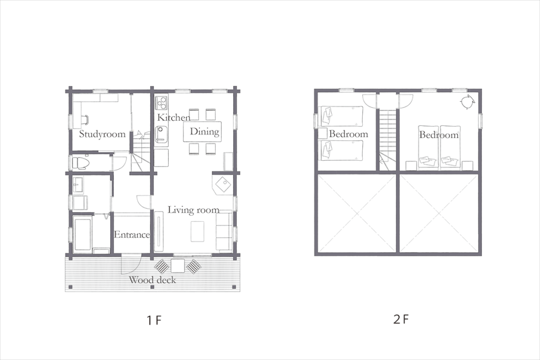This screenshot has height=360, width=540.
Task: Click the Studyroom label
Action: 102,134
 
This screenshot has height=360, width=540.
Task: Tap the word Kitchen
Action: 173,118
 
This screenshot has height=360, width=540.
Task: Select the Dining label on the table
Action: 205,131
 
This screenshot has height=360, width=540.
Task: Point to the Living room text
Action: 194,210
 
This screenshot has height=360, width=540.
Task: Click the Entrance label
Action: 132,235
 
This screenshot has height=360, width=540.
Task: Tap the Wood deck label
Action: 152,280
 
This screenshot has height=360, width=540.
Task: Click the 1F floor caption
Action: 154,320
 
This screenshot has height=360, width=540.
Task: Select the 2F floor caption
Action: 401,319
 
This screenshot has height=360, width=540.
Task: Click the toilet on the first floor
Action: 81,162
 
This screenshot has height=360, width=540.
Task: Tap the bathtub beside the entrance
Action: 82,235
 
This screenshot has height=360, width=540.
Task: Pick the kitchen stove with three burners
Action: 161,103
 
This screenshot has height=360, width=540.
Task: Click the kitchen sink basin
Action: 161,134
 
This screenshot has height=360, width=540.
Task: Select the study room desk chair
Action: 85,119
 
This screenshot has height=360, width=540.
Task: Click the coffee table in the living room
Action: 197,231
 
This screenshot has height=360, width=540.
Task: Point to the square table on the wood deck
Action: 178,265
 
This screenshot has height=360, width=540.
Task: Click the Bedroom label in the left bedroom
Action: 349,134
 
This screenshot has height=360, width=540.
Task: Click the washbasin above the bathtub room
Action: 78,185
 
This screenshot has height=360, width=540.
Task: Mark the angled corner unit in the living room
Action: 223,185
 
